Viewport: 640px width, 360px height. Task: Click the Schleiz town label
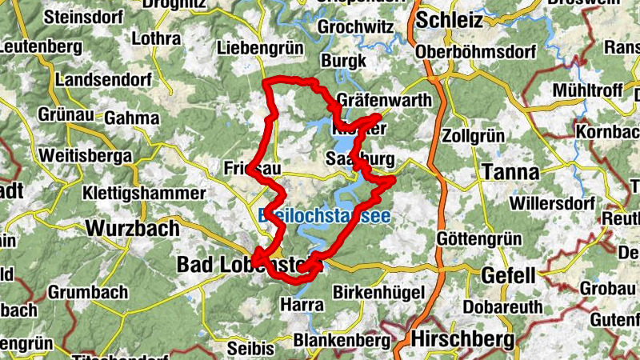(450, 19)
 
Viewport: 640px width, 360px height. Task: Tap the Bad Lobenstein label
(240, 264)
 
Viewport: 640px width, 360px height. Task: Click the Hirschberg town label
(462, 339)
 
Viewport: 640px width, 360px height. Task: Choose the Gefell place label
(507, 275)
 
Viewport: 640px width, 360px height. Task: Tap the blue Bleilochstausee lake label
(324, 215)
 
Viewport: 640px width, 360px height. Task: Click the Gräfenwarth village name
(384, 102)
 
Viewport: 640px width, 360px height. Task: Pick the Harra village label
(302, 305)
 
